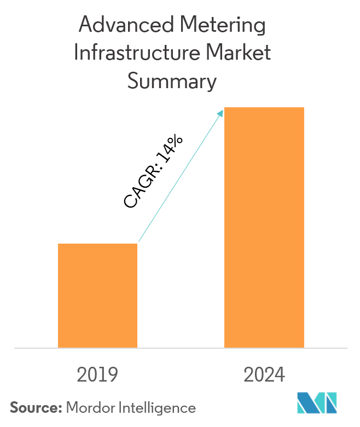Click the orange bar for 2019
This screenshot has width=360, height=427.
click(x=97, y=296)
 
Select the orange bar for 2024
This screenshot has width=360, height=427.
click(x=264, y=227)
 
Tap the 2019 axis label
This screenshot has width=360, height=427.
click(x=97, y=375)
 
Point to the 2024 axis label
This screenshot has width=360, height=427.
click(x=264, y=375)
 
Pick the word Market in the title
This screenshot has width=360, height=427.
click(x=242, y=54)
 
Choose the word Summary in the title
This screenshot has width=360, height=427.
click(x=172, y=82)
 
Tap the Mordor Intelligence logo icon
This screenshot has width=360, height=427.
click(x=317, y=403)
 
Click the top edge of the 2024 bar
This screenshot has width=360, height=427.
click(x=264, y=108)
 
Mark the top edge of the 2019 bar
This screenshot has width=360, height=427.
click(x=97, y=244)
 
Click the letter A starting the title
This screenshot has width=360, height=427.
click(x=85, y=26)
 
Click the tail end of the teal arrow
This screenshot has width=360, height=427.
click(x=139, y=241)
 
